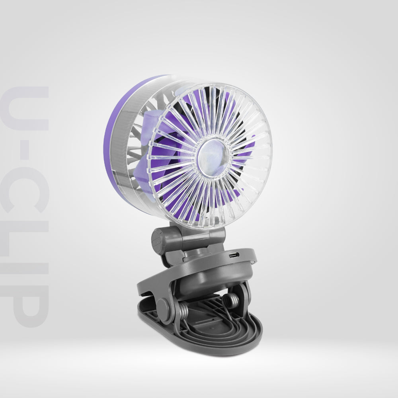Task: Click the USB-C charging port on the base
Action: (234, 255)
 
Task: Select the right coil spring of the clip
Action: (231, 299)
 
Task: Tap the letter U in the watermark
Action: (25, 108)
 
